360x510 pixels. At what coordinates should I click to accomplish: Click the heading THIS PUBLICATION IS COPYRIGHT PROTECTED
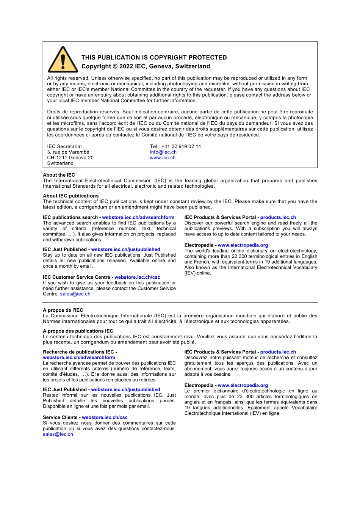coord(154,58)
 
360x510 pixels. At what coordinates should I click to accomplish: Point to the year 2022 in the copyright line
coord(126,66)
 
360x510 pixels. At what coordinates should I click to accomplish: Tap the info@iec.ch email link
coord(163,152)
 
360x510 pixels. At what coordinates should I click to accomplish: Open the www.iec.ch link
coord(163,158)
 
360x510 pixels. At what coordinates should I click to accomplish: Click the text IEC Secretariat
coord(64,146)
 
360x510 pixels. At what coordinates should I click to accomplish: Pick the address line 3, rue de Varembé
coord(68,152)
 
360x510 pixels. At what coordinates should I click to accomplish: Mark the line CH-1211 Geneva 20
coord(70,158)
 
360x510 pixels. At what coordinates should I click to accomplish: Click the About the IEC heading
coord(59,175)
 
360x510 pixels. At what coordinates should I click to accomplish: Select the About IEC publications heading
coord(70,196)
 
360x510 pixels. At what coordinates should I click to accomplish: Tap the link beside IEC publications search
coord(138,217)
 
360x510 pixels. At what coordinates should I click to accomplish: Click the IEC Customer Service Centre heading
coord(77,277)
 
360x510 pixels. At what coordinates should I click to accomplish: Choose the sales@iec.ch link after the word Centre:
coord(75,294)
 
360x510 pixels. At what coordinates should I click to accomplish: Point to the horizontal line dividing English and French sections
coord(180,302)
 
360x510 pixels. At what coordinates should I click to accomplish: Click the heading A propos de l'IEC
coord(63,310)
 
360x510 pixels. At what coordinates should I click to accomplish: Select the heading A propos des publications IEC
coord(78,331)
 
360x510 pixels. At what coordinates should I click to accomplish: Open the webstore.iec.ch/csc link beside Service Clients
coord(105,417)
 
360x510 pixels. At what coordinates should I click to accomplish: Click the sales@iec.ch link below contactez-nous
coord(58,434)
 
